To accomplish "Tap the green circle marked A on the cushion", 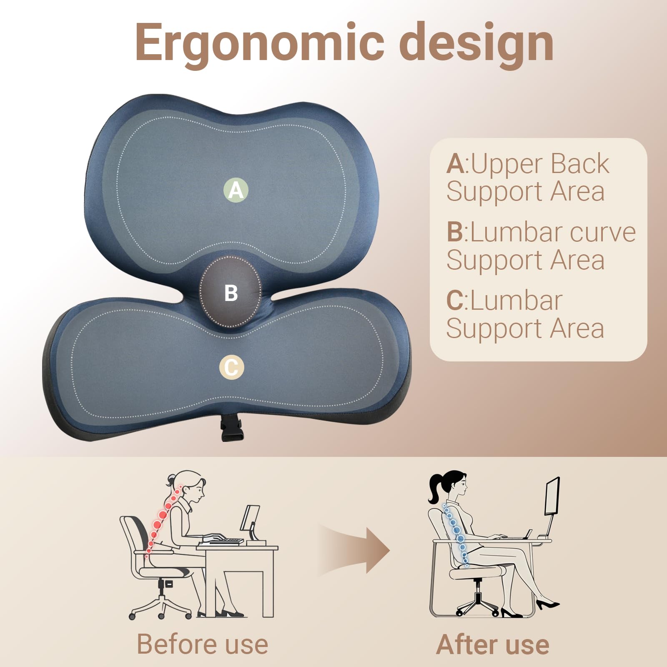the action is [236, 190].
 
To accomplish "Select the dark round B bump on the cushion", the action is [231, 292].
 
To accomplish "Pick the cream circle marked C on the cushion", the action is [231, 367].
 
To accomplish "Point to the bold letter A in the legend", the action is [455, 164].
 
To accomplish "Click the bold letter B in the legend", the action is [454, 232].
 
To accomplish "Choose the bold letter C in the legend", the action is [455, 301].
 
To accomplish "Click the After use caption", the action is [493, 644].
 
